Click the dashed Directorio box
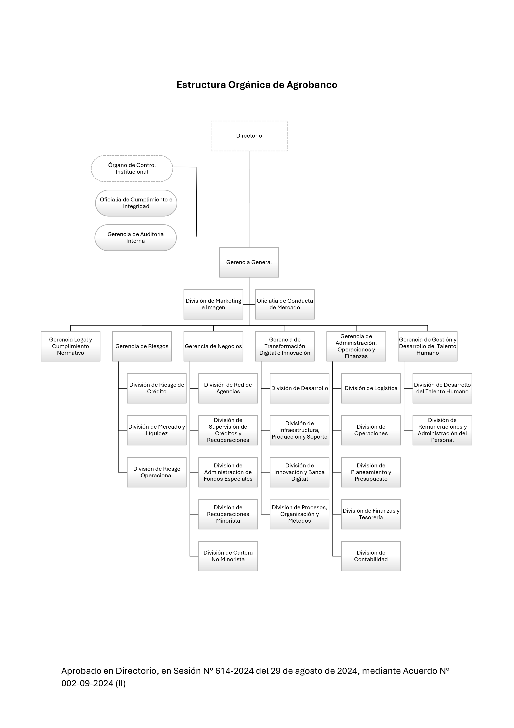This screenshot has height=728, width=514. coord(249,136)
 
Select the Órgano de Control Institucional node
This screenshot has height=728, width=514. coord(132,168)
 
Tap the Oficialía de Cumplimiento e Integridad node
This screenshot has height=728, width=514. coord(136,203)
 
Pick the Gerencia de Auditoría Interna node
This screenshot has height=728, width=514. coord(135,238)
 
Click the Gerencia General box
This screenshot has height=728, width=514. coord(249,262)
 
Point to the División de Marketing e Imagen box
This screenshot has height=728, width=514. coord(213,304)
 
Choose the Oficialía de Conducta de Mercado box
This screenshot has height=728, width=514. coord(285,304)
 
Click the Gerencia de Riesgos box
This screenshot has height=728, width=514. coord(142,346)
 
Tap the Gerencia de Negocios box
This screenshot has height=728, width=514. coord(213,346)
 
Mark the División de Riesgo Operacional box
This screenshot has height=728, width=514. coord(157,472)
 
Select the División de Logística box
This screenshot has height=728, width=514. coord(371,388)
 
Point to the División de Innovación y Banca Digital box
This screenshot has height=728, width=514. coord(300,472)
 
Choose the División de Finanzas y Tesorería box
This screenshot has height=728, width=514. coord(371,514)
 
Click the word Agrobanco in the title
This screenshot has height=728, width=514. coord(312,85)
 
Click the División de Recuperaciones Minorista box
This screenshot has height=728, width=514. coord(228,514)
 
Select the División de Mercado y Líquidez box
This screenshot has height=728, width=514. coord(157,430)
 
